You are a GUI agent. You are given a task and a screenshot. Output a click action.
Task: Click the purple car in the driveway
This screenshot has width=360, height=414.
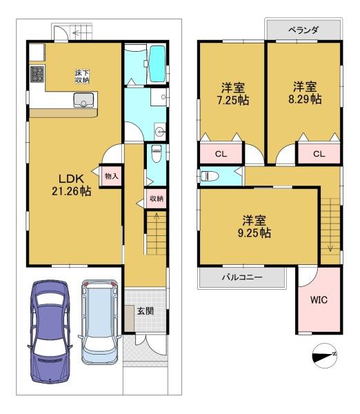(x=50, y=332)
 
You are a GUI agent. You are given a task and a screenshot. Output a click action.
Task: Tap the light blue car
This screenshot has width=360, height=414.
(x=99, y=322)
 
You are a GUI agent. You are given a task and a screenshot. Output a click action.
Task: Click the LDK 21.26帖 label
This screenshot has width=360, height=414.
(x=71, y=185)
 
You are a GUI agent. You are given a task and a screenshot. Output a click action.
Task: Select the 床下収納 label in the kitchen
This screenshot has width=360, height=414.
(x=82, y=77)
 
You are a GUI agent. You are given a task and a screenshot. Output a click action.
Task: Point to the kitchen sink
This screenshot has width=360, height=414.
(x=83, y=100)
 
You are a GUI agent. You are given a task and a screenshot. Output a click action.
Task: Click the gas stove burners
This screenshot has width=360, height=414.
(x=37, y=74)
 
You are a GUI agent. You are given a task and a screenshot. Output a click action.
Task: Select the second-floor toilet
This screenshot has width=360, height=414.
(x=210, y=176)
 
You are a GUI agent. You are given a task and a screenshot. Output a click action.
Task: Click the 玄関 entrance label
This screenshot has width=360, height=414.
(x=146, y=310)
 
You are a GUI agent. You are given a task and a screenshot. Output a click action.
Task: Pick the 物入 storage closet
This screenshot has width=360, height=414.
(x=111, y=176)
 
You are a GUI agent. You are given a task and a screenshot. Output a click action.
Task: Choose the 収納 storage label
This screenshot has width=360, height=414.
(x=157, y=198)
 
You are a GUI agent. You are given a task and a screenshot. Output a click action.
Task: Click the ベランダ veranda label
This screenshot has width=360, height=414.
(x=303, y=30)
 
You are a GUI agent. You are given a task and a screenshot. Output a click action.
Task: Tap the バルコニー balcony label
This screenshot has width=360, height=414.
(x=242, y=277)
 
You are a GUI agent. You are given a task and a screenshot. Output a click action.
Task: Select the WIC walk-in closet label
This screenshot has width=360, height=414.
(x=319, y=300)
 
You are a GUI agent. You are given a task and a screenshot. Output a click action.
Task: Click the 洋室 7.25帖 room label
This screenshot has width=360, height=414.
(x=233, y=94)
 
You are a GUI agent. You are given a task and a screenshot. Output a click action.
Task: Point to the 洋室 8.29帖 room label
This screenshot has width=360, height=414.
(x=305, y=93)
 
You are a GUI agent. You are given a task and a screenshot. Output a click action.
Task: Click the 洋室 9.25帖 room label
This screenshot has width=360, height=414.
(x=254, y=227)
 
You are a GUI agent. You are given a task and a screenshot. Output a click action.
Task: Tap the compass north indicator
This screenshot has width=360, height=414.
(x=325, y=355)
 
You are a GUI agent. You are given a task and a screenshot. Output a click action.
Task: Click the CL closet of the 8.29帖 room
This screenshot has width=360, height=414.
(x=319, y=153)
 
